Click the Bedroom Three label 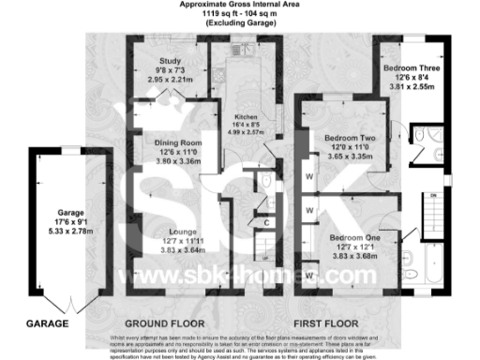(x=418, y=68)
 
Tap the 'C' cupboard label (x=267, y=222)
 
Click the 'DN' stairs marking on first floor (x=433, y=195)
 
